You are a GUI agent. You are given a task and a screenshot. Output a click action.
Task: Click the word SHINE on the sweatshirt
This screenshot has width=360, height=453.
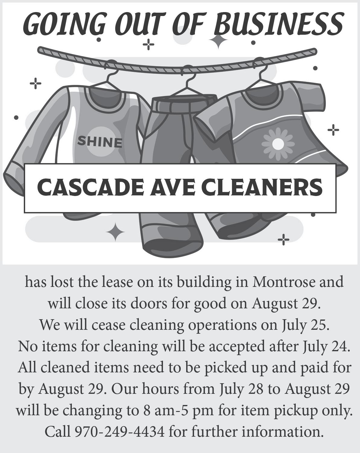tap(100, 142)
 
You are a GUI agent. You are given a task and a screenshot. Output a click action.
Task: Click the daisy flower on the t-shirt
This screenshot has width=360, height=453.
tap(278, 144)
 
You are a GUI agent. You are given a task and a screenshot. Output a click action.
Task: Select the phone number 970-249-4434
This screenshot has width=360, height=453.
tap(119, 432)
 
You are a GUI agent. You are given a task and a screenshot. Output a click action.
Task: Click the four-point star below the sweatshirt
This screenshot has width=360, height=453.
tap(115, 232)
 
